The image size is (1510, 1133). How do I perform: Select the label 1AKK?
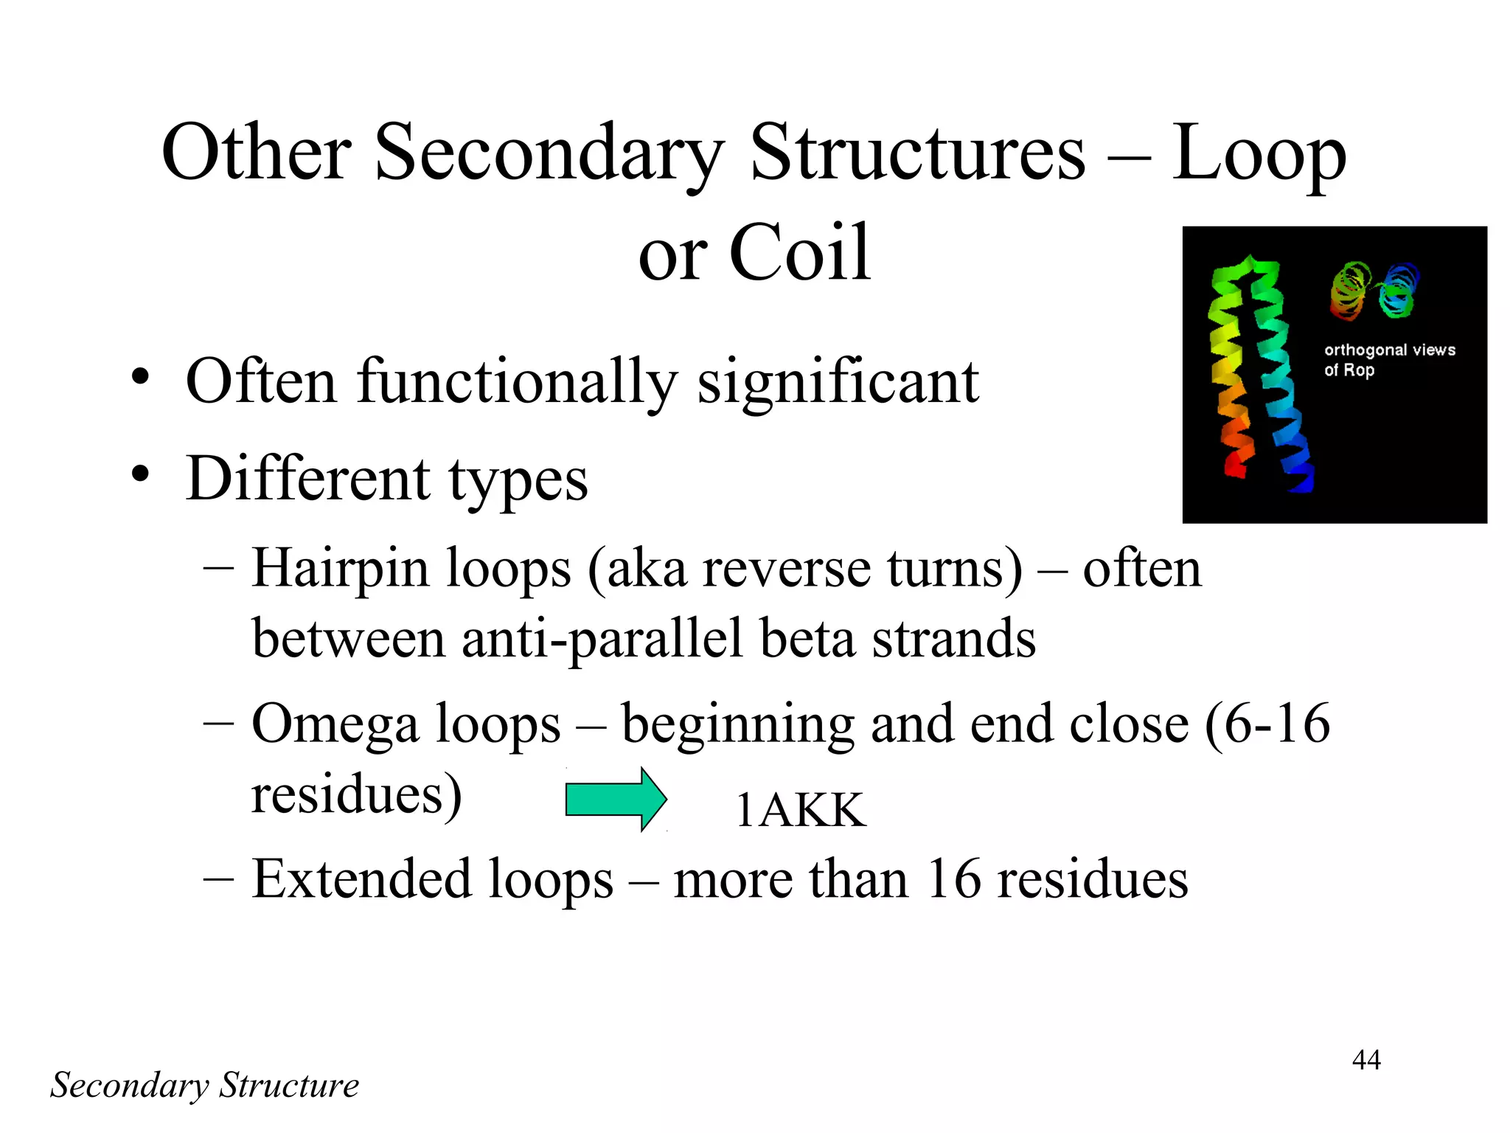click(x=801, y=811)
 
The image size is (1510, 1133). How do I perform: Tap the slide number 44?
click(x=1366, y=1060)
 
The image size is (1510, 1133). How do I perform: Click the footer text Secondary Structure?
click(x=204, y=1085)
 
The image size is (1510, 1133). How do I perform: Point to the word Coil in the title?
click(x=800, y=253)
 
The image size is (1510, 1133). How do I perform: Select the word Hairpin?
click(x=340, y=569)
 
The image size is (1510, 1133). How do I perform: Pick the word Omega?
click(x=335, y=724)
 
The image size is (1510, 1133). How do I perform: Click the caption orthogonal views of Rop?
click(x=1389, y=359)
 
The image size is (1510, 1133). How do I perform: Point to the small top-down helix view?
click(x=1375, y=291)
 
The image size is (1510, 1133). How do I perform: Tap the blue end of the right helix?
click(x=1301, y=479)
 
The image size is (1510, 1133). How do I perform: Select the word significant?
click(x=838, y=381)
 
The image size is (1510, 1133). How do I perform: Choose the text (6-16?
click(x=1267, y=724)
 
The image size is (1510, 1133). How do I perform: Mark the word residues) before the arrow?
click(x=357, y=794)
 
